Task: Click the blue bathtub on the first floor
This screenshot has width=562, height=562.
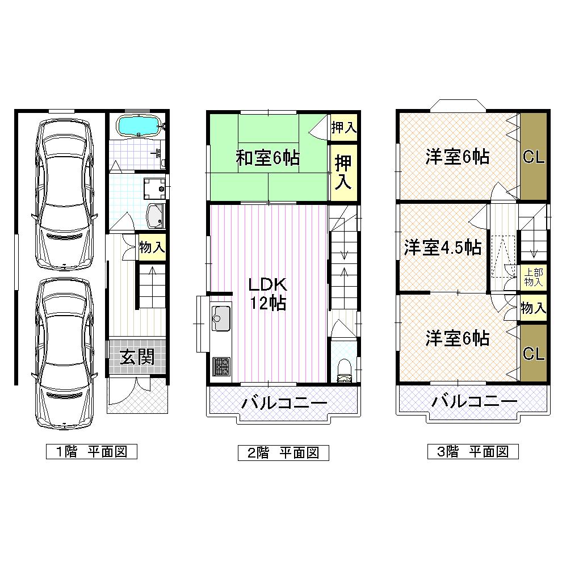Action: point(139,125)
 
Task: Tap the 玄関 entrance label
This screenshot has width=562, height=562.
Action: point(137,357)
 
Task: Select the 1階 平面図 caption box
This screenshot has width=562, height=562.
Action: point(91,452)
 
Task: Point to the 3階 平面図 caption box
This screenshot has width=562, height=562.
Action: point(473,452)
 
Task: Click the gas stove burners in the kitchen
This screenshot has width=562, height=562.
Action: point(221,367)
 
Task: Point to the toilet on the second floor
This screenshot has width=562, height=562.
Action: point(344,370)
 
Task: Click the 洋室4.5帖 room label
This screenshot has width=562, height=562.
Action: point(443,248)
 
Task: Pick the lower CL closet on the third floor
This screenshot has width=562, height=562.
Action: point(534,354)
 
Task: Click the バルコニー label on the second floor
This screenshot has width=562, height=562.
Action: point(284,404)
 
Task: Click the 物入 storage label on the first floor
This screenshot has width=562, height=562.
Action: point(152,248)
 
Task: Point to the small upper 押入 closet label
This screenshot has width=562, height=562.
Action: point(343,127)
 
